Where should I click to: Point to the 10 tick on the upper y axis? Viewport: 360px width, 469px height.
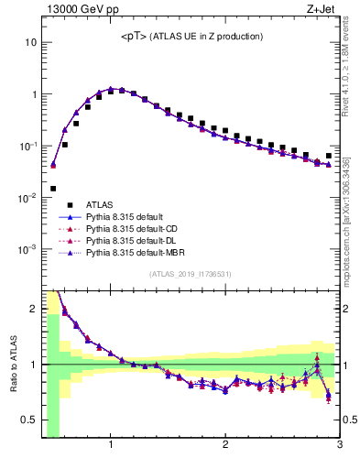coord(31,42)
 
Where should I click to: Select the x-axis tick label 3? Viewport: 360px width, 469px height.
coord(339,446)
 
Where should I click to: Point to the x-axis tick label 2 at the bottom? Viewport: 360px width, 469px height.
coord(225,446)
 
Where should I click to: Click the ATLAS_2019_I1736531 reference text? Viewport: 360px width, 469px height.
coord(191,274)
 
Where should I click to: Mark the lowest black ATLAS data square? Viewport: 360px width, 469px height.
coord(53,189)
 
